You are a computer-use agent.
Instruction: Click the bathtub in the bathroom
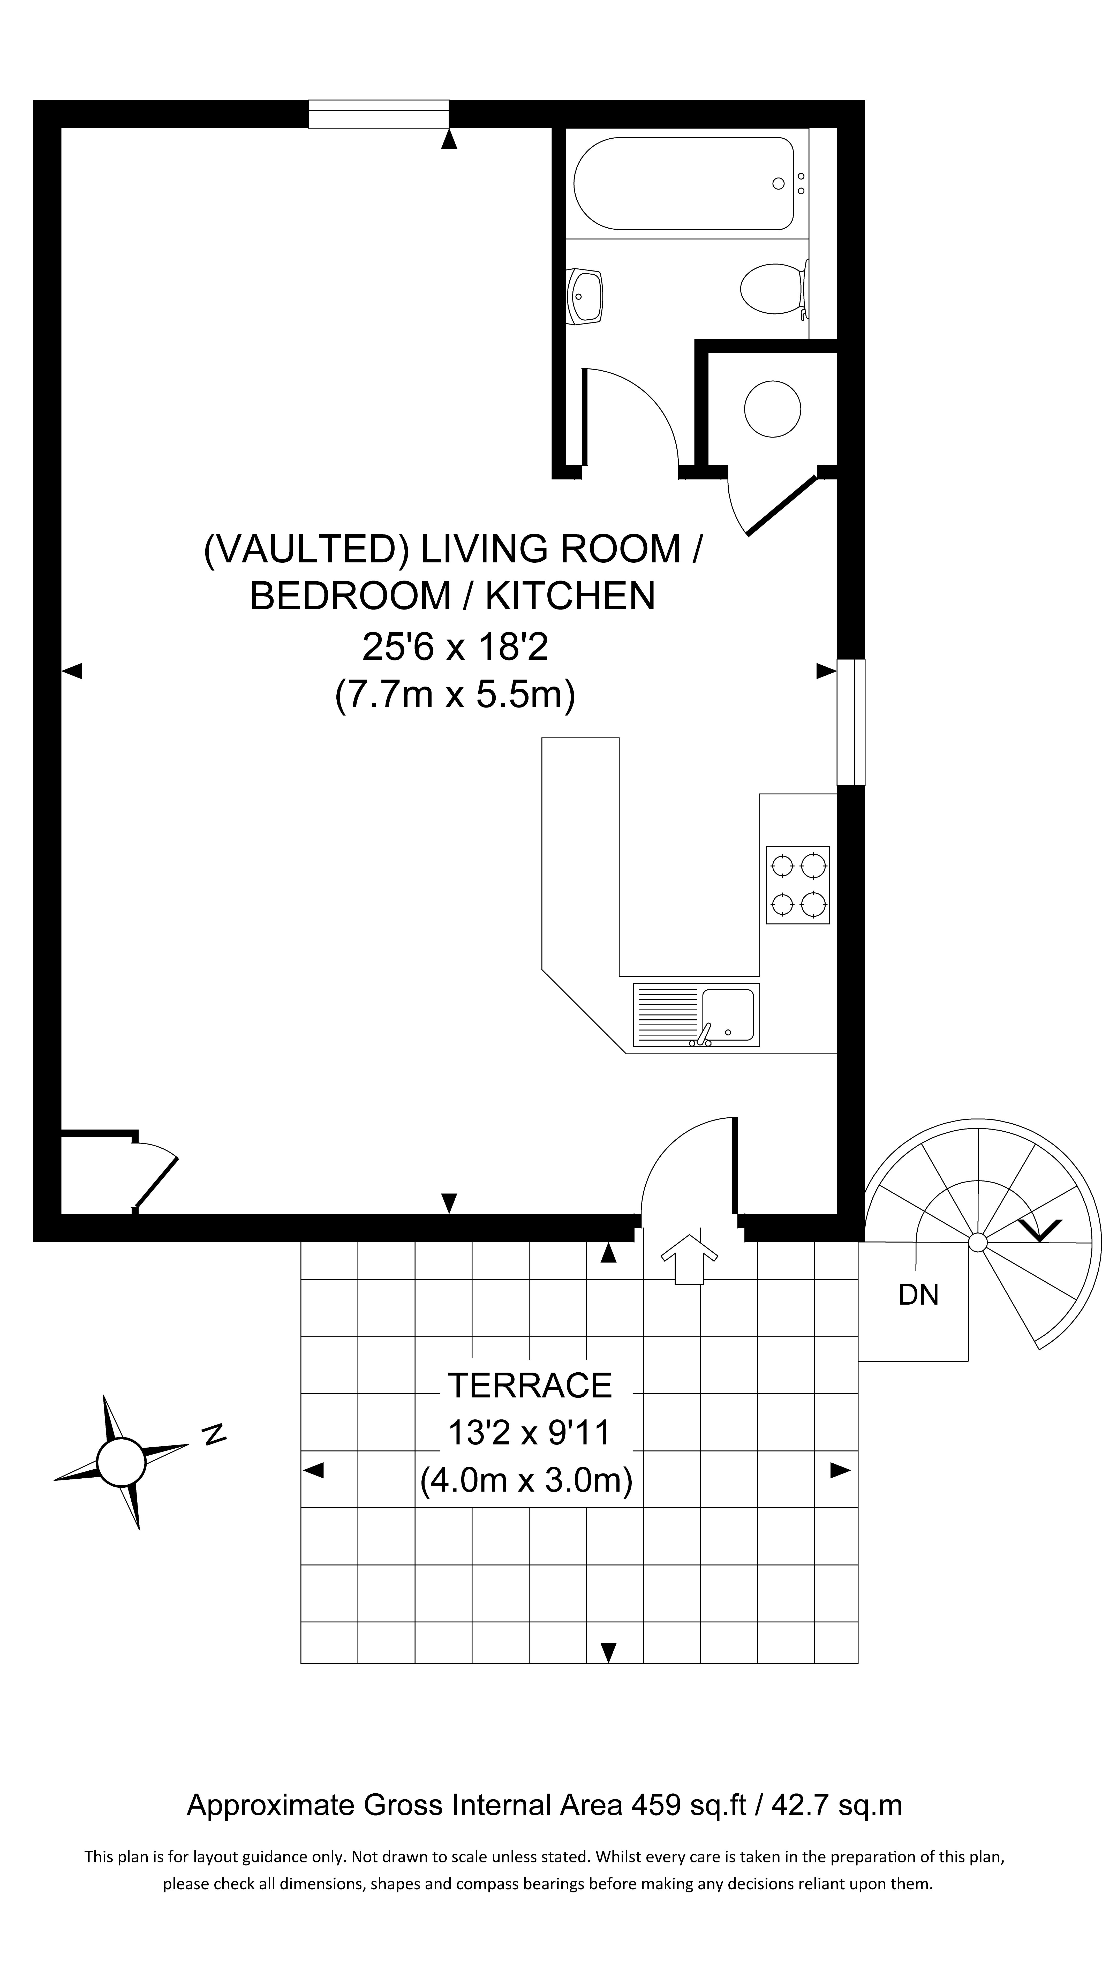[x=683, y=184]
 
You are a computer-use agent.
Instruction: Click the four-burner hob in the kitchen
[x=797, y=884]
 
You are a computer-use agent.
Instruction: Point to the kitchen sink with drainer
[x=695, y=1014]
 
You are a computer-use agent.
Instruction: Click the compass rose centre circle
[x=121, y=1461]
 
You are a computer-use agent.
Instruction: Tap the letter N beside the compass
[x=214, y=1432]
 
